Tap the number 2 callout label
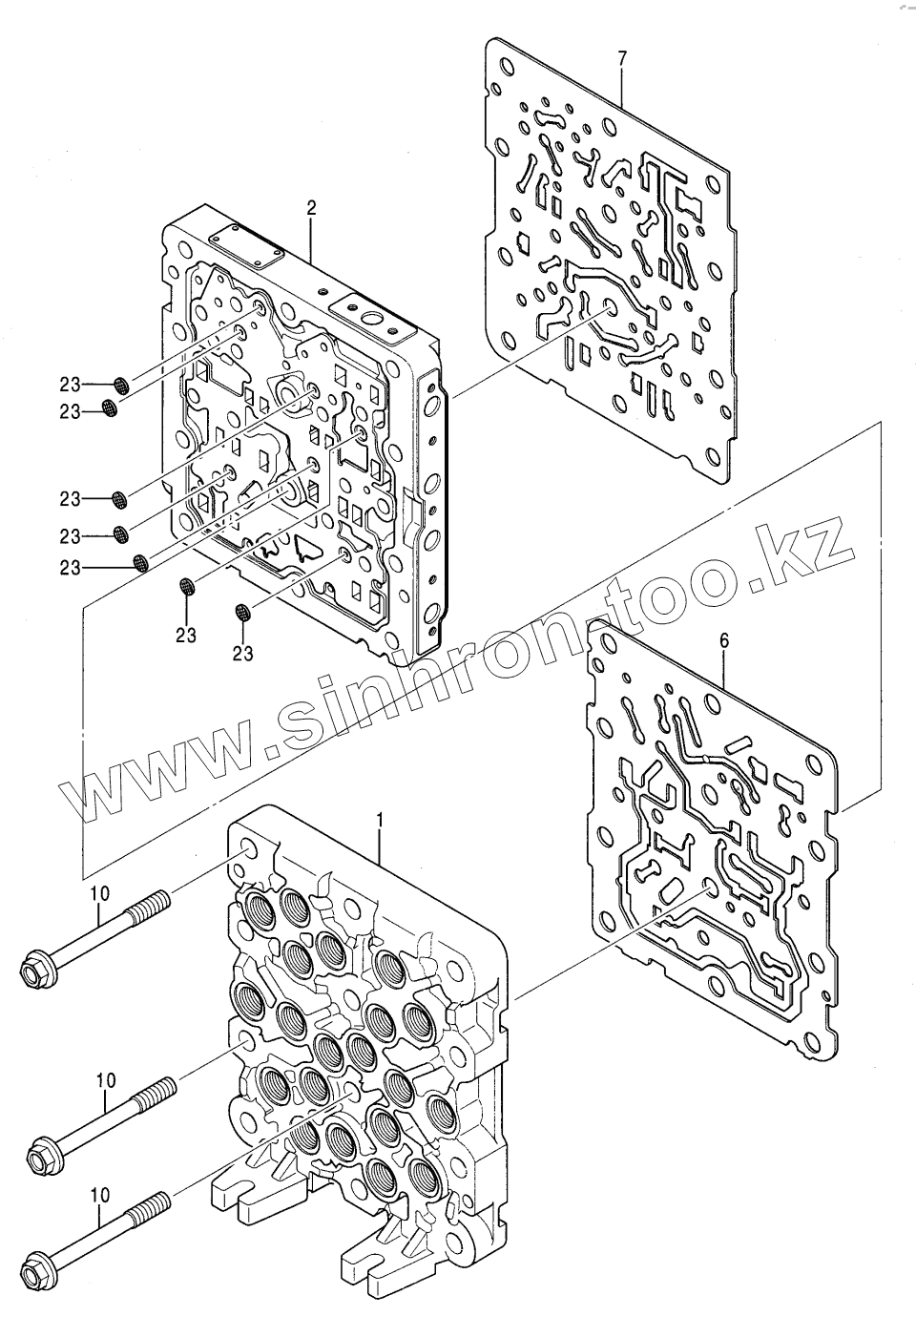coord(311,207)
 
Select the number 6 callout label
coord(724,641)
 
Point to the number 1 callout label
coord(380,820)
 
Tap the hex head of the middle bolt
coord(43,1157)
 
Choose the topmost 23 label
coord(70,385)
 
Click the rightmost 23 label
coord(243,654)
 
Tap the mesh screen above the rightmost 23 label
coord(242,611)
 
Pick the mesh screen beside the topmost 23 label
coord(121,385)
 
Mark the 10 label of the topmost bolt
coord(100,892)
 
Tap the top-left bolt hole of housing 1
coord(248,849)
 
